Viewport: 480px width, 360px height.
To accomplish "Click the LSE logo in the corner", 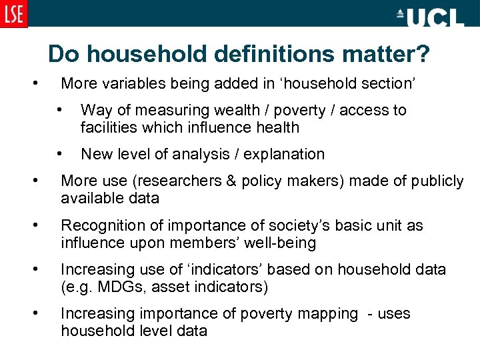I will (13, 14).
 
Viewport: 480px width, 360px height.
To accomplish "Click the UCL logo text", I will (431, 17).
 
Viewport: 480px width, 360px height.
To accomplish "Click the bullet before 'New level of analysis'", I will (60, 153).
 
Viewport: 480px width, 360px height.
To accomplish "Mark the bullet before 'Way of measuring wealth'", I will (60, 109).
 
